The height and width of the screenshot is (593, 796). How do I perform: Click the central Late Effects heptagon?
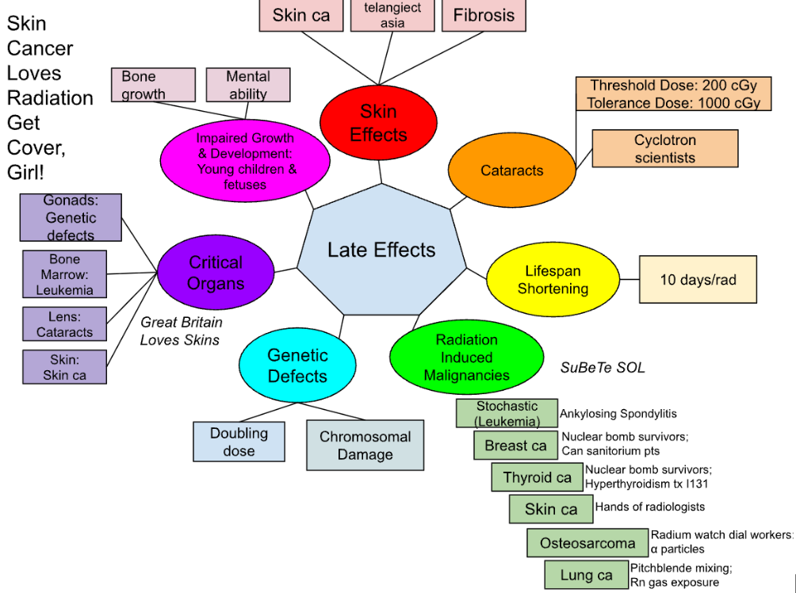[381, 251]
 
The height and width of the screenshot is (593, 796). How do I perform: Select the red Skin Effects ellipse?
[378, 123]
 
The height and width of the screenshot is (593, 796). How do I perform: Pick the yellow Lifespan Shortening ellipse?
[553, 279]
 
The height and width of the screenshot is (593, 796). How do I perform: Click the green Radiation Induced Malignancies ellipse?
[466, 357]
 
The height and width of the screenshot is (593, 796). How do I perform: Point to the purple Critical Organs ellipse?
[216, 273]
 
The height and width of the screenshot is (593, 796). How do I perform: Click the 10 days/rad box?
[698, 279]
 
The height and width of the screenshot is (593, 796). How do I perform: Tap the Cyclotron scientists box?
[664, 149]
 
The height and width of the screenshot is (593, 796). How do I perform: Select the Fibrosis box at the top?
[484, 15]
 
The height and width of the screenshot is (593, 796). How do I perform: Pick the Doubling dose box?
[239, 442]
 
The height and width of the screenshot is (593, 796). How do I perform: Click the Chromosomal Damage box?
[365, 446]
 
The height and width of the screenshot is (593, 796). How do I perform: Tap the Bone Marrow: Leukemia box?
[64, 274]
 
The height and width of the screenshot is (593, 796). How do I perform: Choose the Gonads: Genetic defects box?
[70, 217]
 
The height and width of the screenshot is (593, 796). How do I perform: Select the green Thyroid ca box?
[537, 477]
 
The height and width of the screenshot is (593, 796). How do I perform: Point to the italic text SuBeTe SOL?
[603, 368]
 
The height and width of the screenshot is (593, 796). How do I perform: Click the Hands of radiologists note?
[649, 507]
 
